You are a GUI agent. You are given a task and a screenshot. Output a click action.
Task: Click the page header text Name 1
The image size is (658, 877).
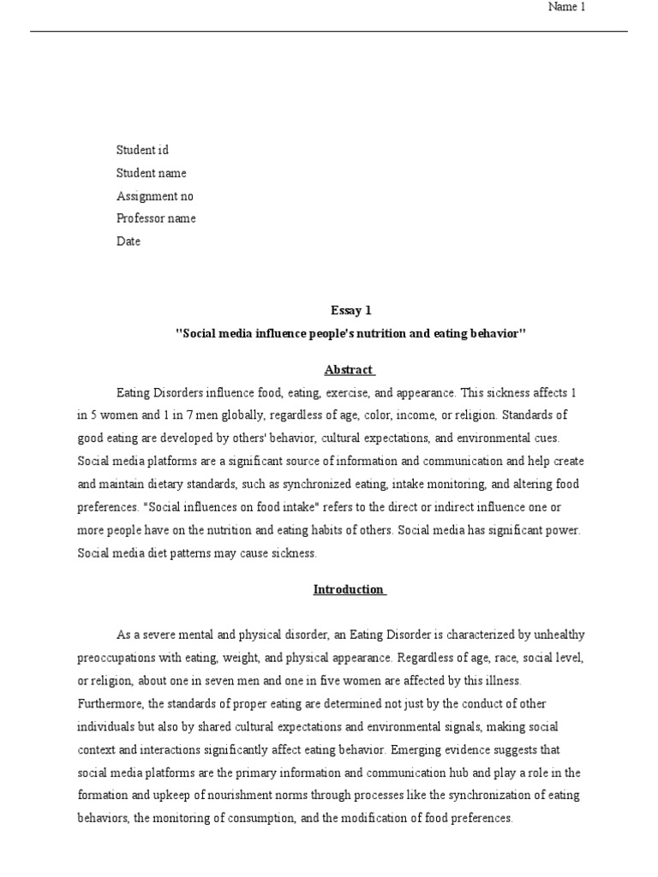pos(566,8)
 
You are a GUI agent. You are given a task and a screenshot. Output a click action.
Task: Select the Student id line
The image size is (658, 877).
pos(142,150)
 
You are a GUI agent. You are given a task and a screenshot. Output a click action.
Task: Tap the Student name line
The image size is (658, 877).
pos(151,173)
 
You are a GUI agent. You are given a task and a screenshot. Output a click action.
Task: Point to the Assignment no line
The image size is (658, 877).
pos(155,196)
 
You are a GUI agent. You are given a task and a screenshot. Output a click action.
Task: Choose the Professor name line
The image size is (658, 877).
pos(156,218)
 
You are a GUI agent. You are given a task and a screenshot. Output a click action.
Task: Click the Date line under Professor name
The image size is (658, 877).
pos(129,242)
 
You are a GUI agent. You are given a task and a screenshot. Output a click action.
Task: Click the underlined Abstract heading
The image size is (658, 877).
pos(348,370)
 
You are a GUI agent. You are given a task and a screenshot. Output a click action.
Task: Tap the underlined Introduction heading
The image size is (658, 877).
pos(348,589)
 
